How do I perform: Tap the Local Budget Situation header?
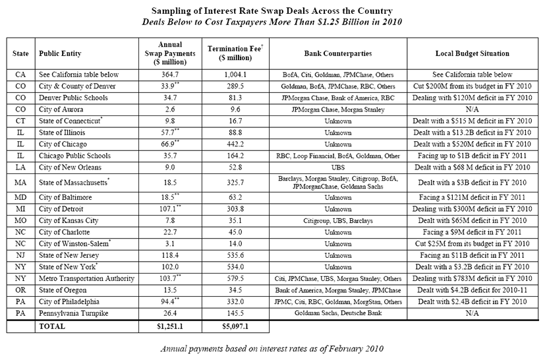(473, 53)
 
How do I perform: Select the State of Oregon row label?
(65, 291)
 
